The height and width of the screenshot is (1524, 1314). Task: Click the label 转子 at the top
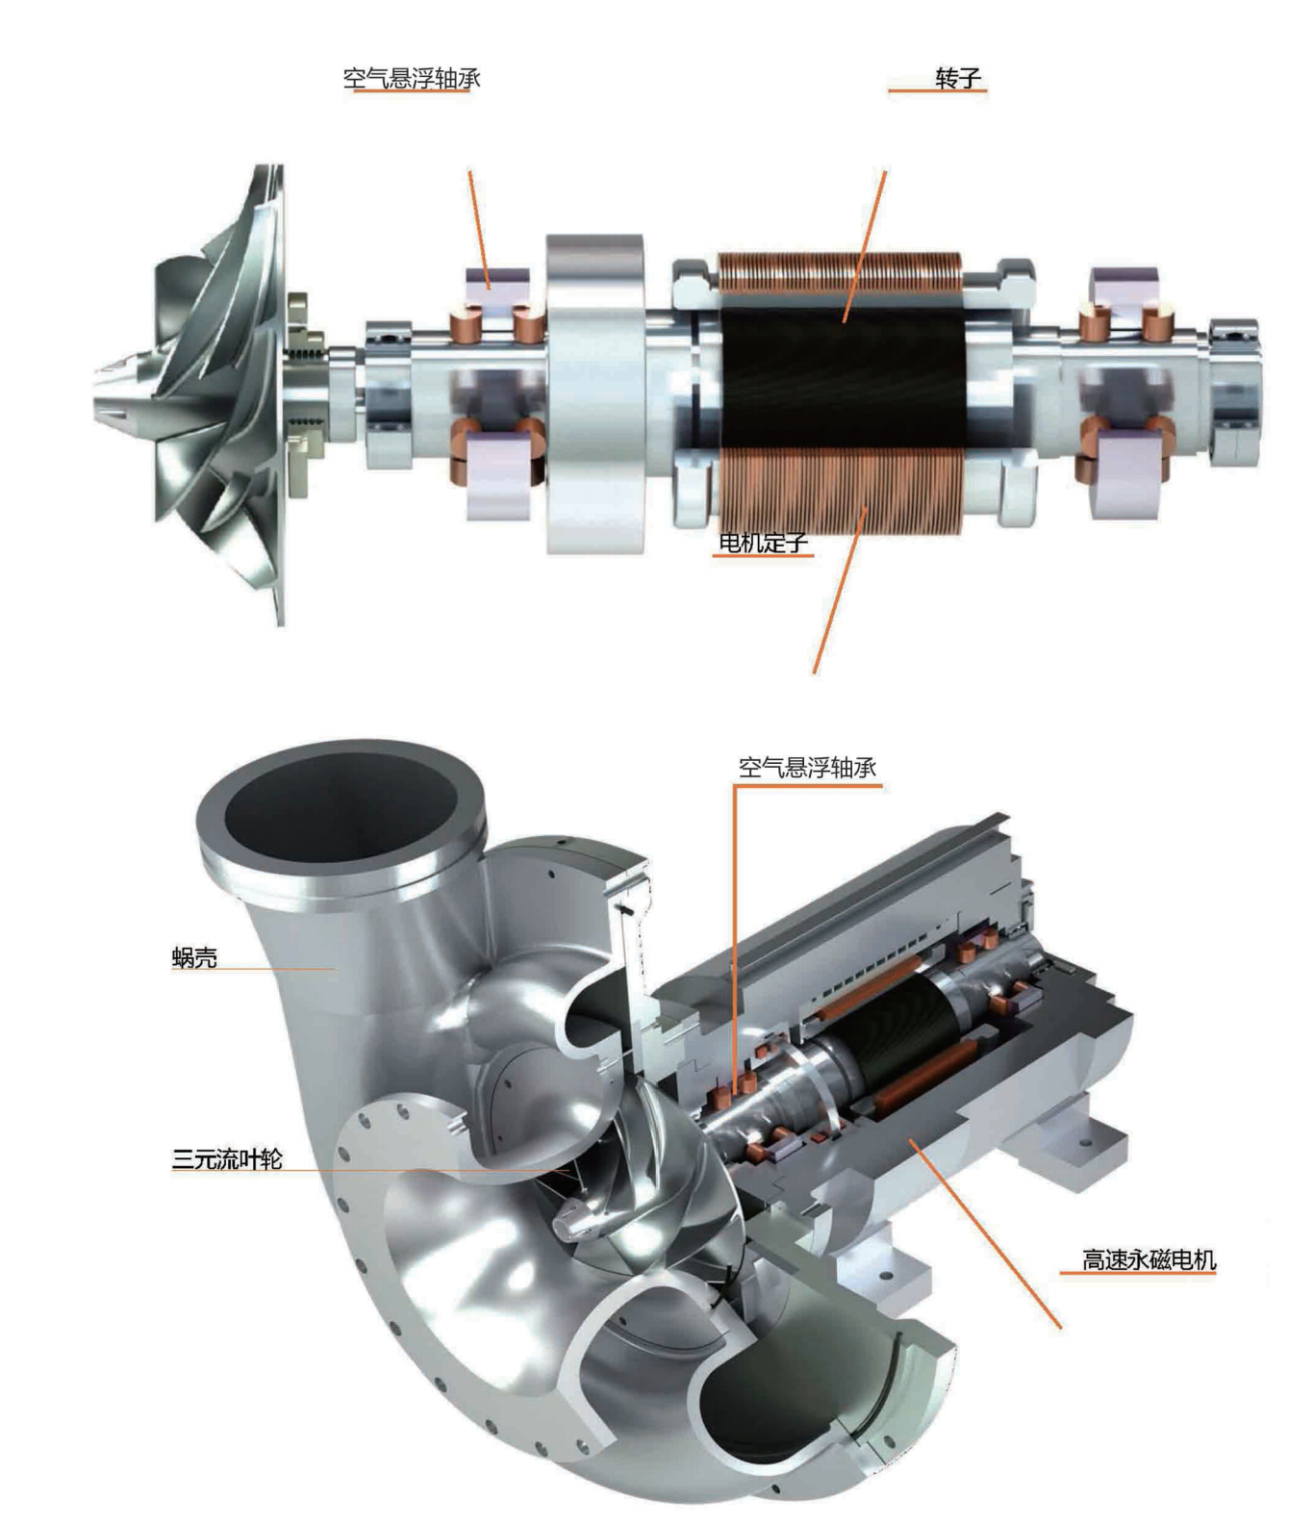pyautogui.click(x=957, y=78)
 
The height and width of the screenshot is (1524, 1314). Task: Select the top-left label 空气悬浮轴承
pyautogui.click(x=412, y=78)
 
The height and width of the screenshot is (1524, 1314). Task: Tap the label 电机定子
pyautogui.click(x=763, y=543)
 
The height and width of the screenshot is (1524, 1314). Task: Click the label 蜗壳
pyautogui.click(x=194, y=957)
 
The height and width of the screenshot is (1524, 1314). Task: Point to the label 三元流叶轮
pyautogui.click(x=227, y=1158)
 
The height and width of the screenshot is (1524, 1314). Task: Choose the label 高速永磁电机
pyautogui.click(x=1149, y=1259)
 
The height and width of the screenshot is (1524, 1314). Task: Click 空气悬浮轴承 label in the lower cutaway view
pyautogui.click(x=807, y=767)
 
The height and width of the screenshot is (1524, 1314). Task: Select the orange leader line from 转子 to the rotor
pyautogui.click(x=865, y=245)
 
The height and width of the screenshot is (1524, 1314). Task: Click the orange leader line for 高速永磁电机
pyautogui.click(x=991, y=1241)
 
